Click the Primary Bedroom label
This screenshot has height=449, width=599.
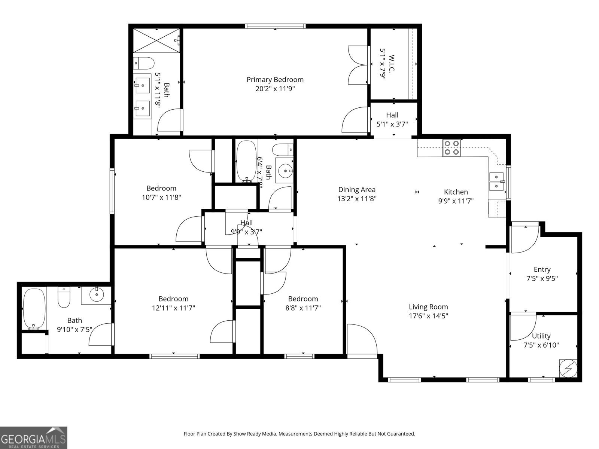[275, 80]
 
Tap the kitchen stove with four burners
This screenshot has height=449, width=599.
[451, 147]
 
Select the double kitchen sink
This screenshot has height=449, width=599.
[497, 181]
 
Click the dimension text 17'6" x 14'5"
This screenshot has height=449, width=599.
[428, 316]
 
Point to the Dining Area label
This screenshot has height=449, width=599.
[356, 190]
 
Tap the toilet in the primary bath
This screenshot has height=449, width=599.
[144, 63]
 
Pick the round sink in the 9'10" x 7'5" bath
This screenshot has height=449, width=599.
[97, 294]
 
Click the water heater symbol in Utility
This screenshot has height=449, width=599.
[568, 368]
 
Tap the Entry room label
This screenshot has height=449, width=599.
[542, 269]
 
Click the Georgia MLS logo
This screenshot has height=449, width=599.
[33, 437]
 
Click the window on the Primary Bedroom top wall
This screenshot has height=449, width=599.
[275, 26]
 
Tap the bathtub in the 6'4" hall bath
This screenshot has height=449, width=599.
[246, 161]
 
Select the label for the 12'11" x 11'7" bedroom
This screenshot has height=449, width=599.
[173, 299]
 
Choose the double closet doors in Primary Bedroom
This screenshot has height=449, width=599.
[358, 65]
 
